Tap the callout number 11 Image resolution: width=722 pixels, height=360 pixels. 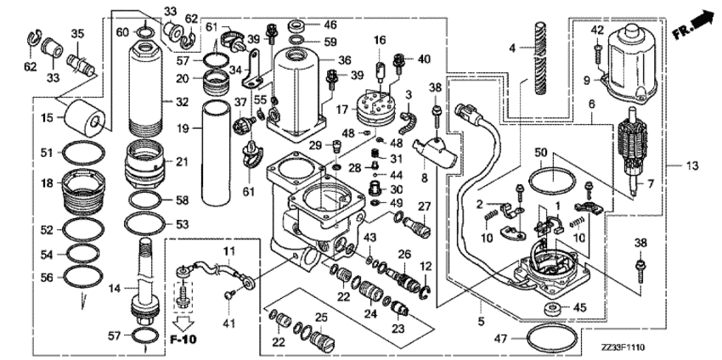pyautogui.click(x=228, y=252)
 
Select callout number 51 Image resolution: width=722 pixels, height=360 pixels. pyautogui.click(x=48, y=153)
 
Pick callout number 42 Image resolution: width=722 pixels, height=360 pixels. pyautogui.click(x=596, y=31)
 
